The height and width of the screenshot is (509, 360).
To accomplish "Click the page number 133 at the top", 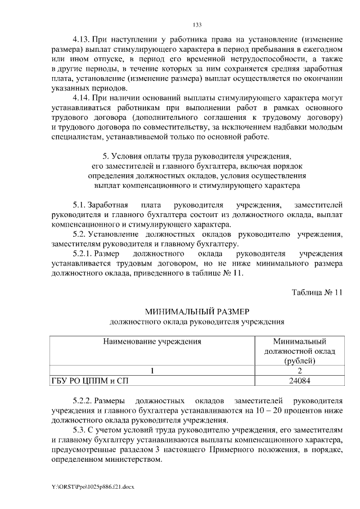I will tap(197, 25).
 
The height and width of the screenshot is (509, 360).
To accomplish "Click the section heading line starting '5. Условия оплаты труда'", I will tap(197, 156).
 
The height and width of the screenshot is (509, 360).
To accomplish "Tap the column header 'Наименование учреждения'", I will tap(152, 341).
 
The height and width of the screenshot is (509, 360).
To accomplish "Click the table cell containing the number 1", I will tap(152, 371).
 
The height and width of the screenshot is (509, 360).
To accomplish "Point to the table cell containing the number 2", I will tap(299, 371).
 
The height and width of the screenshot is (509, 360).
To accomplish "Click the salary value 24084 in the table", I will tap(299, 381).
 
